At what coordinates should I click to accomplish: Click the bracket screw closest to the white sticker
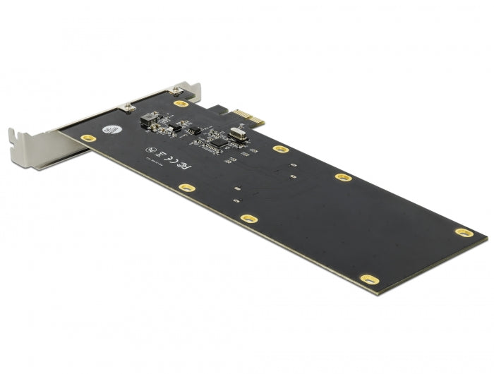coord(129,107)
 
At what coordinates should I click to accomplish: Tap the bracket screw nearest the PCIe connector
coord(172,91)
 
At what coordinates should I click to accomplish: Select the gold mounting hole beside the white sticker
coord(88,138)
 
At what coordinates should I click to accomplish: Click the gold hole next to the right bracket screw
coord(181,104)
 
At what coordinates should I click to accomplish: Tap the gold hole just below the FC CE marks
coord(186,188)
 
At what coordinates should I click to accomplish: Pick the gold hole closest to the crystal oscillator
coord(281,149)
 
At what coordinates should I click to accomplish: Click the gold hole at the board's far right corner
coord(462,232)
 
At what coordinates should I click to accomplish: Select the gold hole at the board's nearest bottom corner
coord(369,279)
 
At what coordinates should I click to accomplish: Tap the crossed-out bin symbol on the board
coord(161,155)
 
